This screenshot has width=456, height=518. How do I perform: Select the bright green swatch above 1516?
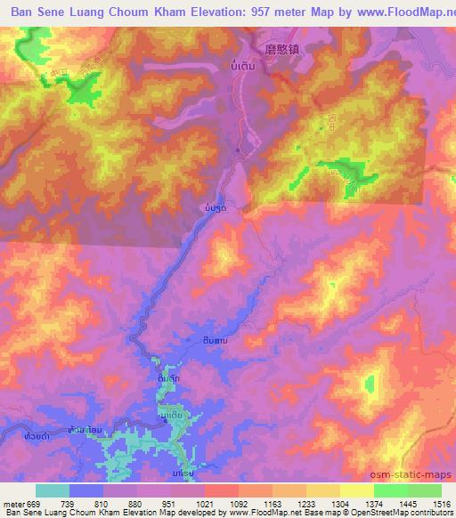(x=425, y=490)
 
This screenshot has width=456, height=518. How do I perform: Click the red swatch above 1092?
(x=222, y=490)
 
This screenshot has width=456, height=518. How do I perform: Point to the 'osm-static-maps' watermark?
(x=419, y=476)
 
